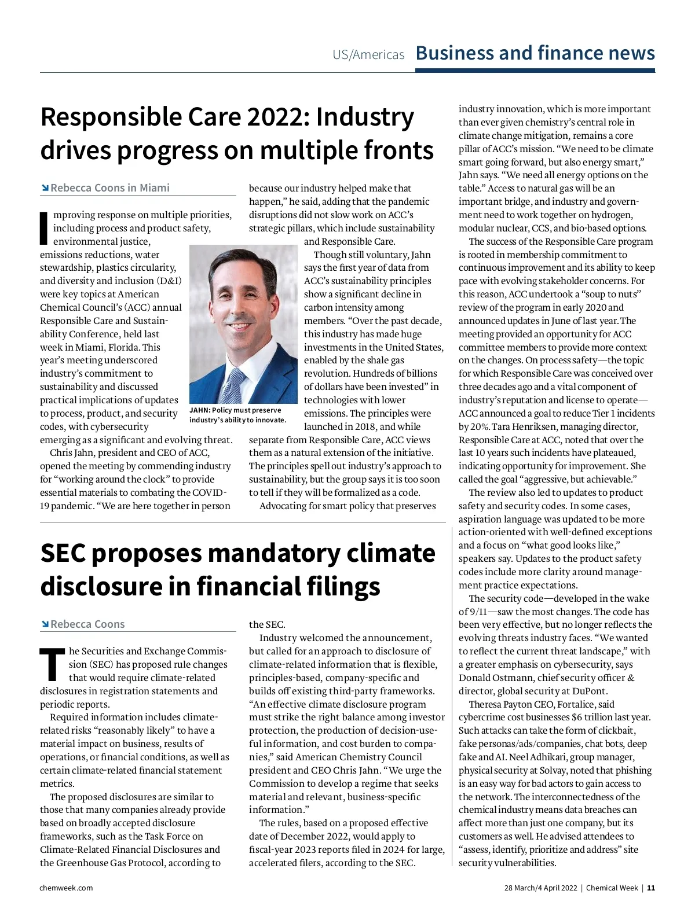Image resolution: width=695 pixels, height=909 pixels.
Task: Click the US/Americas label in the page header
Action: pos(368,55)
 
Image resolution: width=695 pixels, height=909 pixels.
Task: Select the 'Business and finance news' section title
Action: pos(535,53)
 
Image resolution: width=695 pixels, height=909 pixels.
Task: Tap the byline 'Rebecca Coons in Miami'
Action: pos(110,188)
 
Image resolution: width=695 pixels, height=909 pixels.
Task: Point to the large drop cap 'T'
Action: pos(52,664)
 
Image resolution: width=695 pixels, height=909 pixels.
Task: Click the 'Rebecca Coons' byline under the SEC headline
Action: pos(87,624)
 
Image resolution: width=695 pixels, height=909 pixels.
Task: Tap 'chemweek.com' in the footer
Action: pos(66,888)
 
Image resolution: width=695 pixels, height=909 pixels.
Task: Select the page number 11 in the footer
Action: pos(651,888)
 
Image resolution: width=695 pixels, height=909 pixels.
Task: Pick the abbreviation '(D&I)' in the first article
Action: pos(169,281)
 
